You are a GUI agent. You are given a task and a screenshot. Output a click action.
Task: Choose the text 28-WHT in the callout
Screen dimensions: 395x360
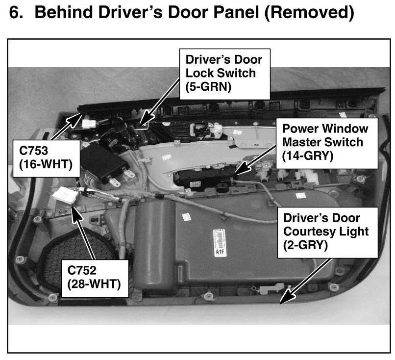[96, 284]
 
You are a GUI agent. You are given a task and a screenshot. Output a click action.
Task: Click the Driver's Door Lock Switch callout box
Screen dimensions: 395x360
[224, 73]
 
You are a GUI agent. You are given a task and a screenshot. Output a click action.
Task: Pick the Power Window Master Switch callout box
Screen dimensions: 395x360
[325, 142]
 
